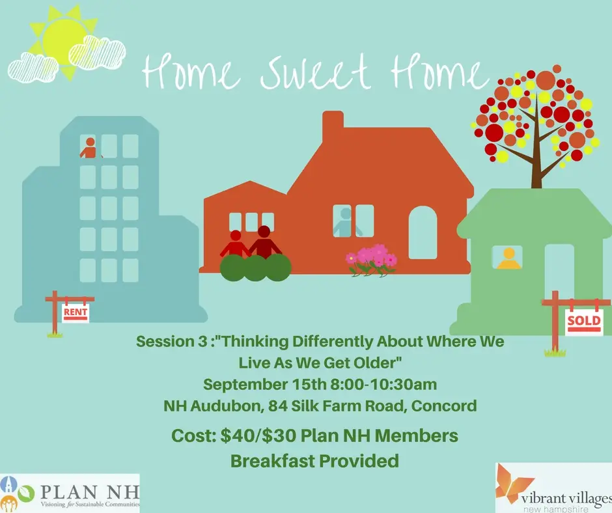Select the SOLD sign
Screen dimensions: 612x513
pos(584,322)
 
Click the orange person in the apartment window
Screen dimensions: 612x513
pos(90,148)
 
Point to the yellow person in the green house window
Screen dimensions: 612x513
pos(508,258)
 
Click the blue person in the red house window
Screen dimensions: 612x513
pos(346,222)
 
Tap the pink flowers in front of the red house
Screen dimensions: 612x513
pos(371,260)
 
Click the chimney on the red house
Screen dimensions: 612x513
pos(333,124)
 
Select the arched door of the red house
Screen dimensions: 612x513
pos(423,232)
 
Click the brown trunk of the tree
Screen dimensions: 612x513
pos(537,156)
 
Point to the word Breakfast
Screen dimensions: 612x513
pos(272,461)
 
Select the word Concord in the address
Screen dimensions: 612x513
pos(444,406)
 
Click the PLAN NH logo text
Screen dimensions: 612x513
pos(90,492)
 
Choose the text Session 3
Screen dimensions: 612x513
pos(171,342)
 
